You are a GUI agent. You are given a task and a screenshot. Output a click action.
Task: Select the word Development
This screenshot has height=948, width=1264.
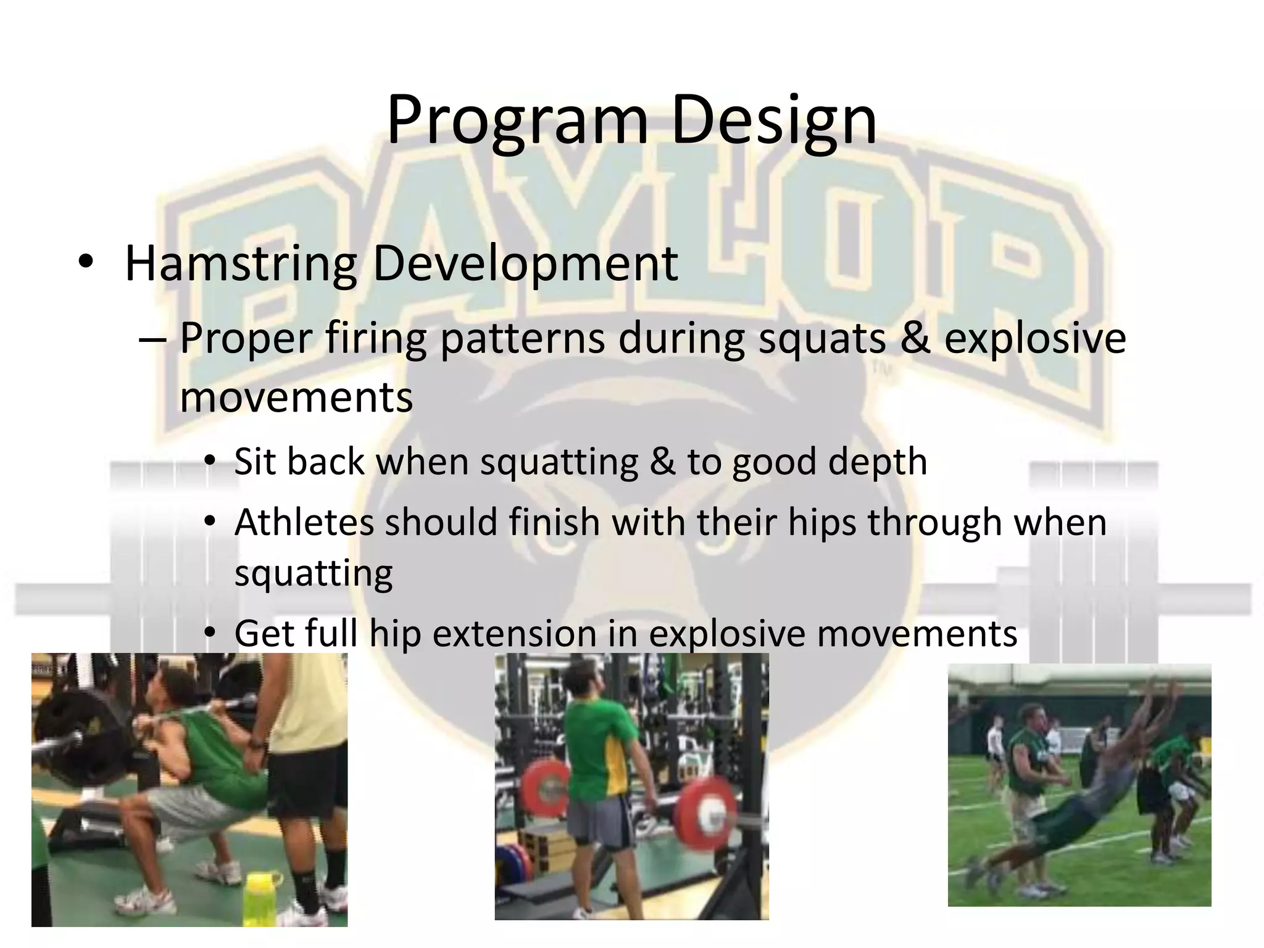(x=525, y=264)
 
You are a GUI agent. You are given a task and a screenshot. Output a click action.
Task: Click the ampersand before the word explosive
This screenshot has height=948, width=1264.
(x=915, y=338)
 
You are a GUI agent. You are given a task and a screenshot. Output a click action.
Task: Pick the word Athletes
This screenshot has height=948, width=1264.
(x=304, y=522)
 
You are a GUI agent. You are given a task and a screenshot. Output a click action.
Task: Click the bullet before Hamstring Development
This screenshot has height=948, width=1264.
(x=86, y=263)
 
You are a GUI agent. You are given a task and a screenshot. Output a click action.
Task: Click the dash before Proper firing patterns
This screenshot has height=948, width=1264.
(x=152, y=339)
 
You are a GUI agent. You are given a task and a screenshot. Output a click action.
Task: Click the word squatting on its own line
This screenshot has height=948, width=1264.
(x=313, y=573)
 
